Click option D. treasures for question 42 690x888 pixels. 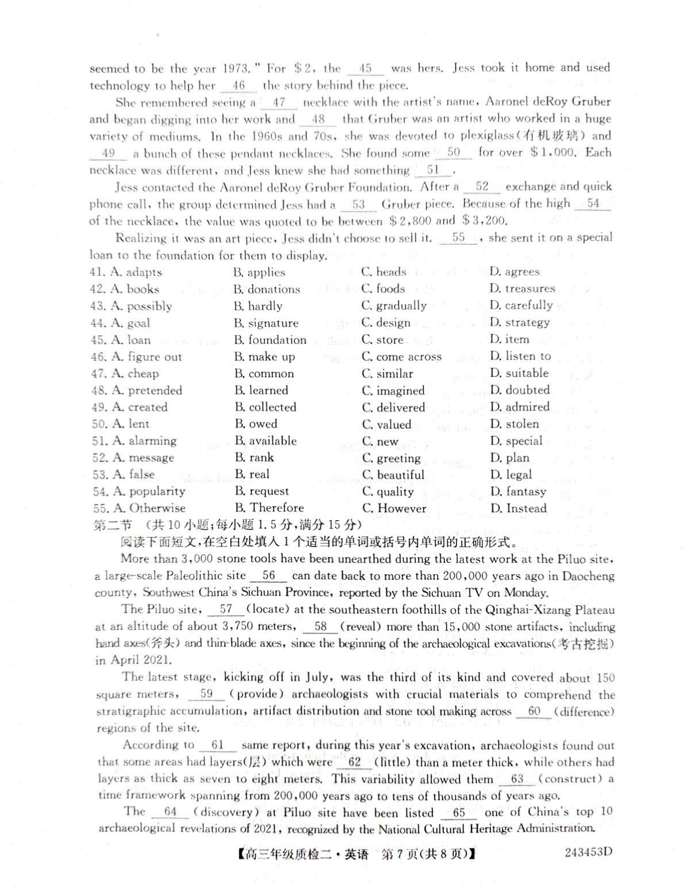(522, 289)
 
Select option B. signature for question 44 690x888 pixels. (266, 323)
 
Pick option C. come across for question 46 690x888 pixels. (401, 357)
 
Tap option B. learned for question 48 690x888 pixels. (261, 390)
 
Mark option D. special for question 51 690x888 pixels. (516, 441)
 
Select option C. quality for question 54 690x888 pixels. (388, 491)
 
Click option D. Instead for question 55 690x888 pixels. (518, 508)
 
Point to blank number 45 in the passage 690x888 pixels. (365, 68)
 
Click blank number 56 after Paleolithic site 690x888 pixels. (269, 575)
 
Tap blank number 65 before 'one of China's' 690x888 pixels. (459, 812)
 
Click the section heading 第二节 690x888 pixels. (112, 525)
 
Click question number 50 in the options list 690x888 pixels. (99, 424)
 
